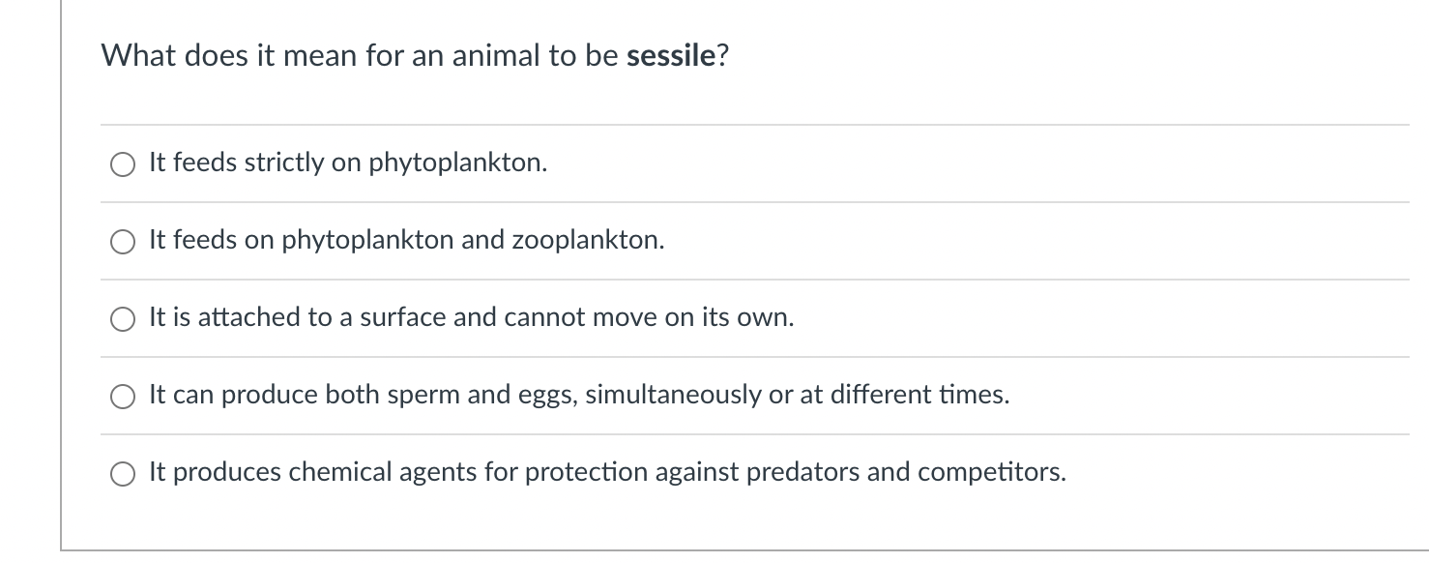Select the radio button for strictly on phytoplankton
(123, 164)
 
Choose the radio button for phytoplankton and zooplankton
(123, 242)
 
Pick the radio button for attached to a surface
(123, 319)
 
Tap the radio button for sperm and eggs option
(123, 397)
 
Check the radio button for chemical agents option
(123, 474)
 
